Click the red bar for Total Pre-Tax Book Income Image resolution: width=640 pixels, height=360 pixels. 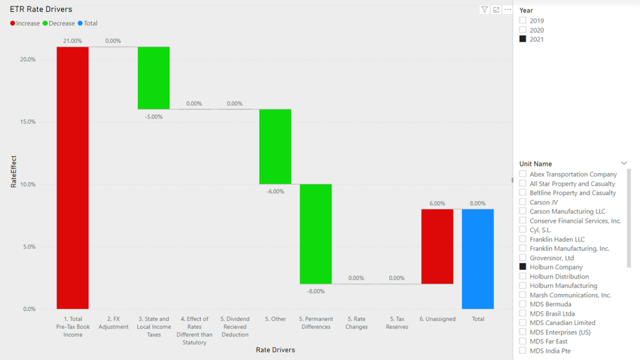(x=72, y=177)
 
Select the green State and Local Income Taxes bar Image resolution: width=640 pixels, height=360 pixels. (x=154, y=78)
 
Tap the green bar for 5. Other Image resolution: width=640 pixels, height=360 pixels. (x=275, y=147)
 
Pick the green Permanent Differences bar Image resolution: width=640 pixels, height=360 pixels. (x=316, y=234)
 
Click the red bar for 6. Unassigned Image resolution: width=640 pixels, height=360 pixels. (x=437, y=246)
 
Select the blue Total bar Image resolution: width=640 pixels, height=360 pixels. (x=477, y=259)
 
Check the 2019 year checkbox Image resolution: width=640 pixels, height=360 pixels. (x=523, y=20)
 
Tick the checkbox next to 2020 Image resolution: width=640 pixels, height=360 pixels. (x=523, y=30)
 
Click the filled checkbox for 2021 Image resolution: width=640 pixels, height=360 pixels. (x=523, y=39)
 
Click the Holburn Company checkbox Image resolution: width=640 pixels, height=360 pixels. (x=523, y=267)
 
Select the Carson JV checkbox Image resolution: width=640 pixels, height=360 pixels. (x=523, y=202)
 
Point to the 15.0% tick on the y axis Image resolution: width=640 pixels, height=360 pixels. (x=28, y=122)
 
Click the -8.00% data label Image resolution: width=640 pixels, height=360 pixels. (x=316, y=291)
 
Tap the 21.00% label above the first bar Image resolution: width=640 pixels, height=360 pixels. (x=72, y=41)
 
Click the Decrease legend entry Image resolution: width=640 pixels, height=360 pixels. (x=59, y=23)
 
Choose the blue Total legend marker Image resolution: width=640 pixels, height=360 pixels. (x=80, y=23)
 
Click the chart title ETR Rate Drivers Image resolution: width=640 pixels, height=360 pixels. (x=41, y=9)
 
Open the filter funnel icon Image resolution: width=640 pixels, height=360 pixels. (x=484, y=10)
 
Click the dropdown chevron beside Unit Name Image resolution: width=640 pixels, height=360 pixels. (x=624, y=163)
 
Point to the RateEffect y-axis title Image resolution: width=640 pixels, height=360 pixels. (x=14, y=171)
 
